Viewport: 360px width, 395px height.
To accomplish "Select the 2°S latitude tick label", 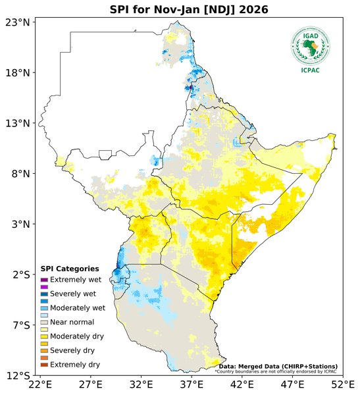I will tap(18, 275).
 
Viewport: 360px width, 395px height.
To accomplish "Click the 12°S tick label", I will tap(16, 376).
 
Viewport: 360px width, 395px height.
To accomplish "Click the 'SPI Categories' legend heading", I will tap(70, 269).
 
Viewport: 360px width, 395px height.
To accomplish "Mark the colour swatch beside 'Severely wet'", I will tap(45, 294).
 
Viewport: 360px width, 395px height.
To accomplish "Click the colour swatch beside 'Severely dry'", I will tap(45, 350).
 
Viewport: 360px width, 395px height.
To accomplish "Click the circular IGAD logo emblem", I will tap(310, 45).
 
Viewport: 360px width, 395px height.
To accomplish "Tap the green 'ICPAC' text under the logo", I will tap(310, 70).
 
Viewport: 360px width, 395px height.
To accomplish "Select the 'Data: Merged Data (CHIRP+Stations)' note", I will tap(278, 366).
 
